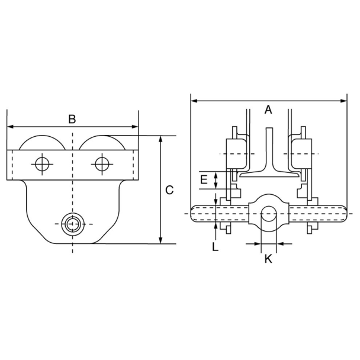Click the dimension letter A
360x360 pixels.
click(268, 110)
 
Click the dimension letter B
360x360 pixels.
click(72, 119)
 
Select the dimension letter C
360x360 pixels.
click(169, 190)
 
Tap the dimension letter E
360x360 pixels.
click(204, 179)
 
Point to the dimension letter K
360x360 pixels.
click(268, 259)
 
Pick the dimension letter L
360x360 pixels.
click(215, 247)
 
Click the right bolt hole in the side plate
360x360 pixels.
click(102, 164)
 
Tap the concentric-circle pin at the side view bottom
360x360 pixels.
click(73, 224)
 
